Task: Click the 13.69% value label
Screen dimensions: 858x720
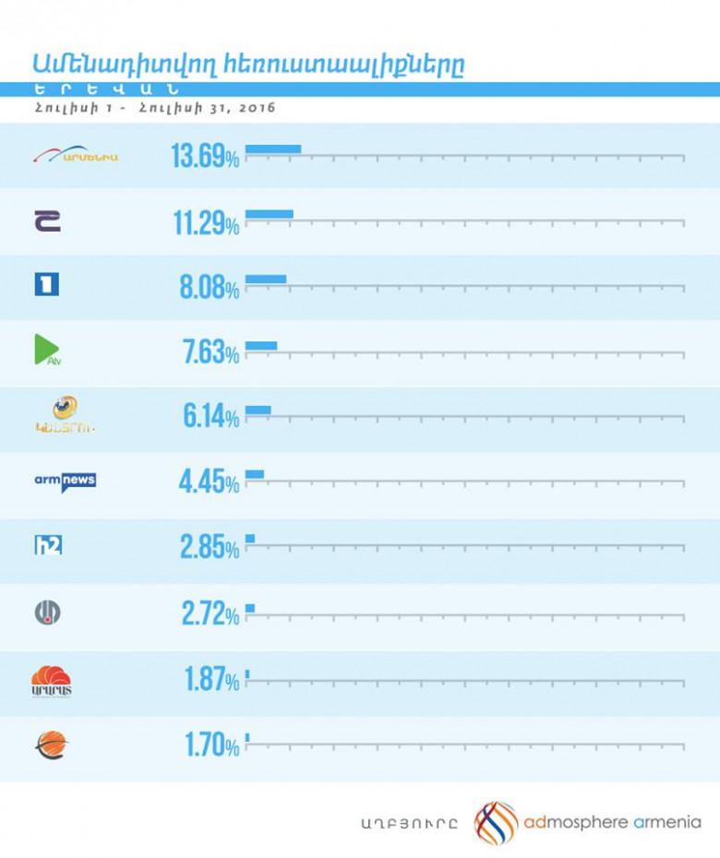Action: tap(205, 156)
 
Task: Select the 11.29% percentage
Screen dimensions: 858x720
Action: tap(205, 221)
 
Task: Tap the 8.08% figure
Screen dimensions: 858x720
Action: tap(210, 287)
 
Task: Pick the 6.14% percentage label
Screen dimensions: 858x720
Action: tap(210, 417)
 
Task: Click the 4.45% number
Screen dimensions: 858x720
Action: tap(210, 483)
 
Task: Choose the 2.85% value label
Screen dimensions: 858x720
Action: tap(210, 548)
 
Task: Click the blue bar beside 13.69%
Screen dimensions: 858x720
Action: tap(273, 149)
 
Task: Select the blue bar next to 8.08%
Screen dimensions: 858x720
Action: tap(266, 279)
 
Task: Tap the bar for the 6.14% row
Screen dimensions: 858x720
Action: tap(258, 410)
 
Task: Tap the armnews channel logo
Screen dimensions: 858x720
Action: tap(65, 481)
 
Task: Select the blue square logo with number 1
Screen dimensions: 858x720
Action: tap(46, 285)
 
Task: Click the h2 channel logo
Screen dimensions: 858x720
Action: tap(47, 546)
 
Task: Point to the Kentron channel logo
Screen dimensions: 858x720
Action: tap(64, 415)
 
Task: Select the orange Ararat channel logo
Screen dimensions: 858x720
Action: tap(52, 680)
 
